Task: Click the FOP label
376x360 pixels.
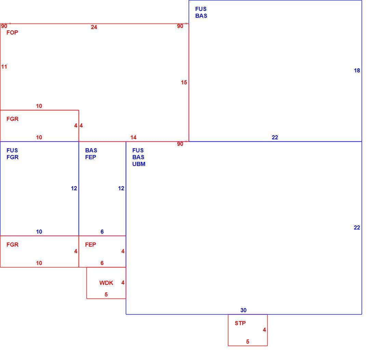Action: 12,32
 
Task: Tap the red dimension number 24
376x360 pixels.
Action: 94,27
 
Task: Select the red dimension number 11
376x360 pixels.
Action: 4,67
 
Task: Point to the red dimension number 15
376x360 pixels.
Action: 184,82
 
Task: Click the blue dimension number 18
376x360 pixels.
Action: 357,70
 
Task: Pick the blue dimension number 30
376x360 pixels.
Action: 243,310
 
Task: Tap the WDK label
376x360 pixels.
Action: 106,283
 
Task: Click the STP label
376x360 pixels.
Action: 240,323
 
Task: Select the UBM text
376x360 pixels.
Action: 139,164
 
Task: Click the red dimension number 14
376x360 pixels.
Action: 133,137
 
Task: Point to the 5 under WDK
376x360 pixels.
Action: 106,294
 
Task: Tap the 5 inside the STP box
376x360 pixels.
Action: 248,342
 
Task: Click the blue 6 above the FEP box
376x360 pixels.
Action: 102,232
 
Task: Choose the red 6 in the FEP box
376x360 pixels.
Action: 102,263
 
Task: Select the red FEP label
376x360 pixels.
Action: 90,245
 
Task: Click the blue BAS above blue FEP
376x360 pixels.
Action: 91,150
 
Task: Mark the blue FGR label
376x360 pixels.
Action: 12,157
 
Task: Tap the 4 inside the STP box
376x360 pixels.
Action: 264,330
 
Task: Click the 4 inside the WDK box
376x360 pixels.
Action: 123,282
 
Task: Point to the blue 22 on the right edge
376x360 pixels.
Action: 357,227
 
